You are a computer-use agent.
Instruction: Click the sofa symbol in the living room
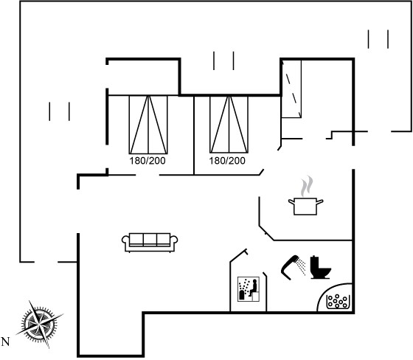coord(150,243)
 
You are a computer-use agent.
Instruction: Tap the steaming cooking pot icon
coord(306,195)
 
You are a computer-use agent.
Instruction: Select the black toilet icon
coord(320,267)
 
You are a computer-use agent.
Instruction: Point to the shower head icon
coord(290,267)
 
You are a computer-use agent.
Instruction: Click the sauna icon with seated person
coord(249,289)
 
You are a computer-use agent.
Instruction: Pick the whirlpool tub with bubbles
coord(338,302)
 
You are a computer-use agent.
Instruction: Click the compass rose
coord(40,324)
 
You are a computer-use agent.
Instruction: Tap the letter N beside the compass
coord(5,342)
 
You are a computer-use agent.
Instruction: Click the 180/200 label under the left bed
coord(147,161)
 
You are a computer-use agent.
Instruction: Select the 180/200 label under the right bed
coord(227,161)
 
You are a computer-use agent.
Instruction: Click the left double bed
coord(148,125)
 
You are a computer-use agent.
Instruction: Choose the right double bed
coord(229,125)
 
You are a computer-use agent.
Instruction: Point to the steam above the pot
coord(307,186)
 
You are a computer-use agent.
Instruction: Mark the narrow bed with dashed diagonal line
coord(291,89)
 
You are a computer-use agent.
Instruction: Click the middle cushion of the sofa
coord(150,239)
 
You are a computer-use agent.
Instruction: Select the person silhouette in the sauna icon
coord(254,288)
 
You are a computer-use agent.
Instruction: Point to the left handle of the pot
coord(291,202)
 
